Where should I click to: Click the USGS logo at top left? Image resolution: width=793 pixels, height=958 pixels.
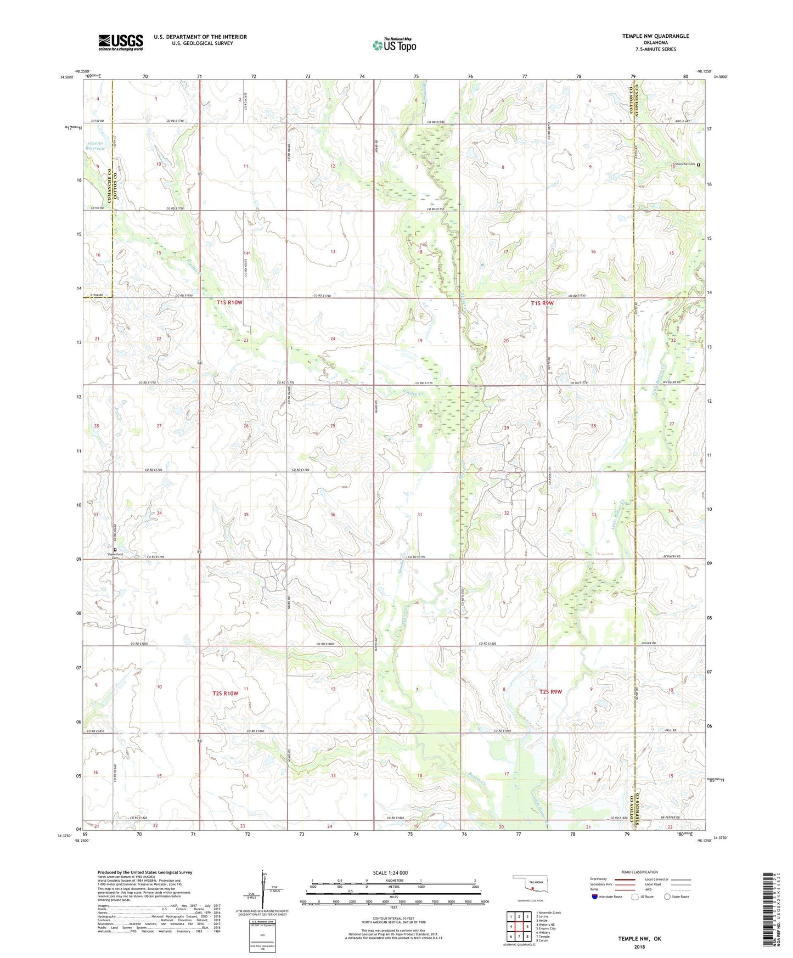coord(121,42)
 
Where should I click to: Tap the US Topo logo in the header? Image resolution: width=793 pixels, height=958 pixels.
coord(393,45)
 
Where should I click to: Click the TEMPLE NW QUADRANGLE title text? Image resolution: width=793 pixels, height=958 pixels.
coord(655,36)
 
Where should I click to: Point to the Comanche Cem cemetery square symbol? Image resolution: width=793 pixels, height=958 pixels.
coord(699,165)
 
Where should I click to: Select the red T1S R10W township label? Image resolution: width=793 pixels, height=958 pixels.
coord(229,303)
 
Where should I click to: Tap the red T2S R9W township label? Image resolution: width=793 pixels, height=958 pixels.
coord(551,692)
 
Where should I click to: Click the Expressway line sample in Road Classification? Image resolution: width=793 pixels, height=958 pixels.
coord(625,880)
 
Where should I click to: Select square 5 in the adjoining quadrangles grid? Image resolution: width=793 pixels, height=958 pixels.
coord(527,927)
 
